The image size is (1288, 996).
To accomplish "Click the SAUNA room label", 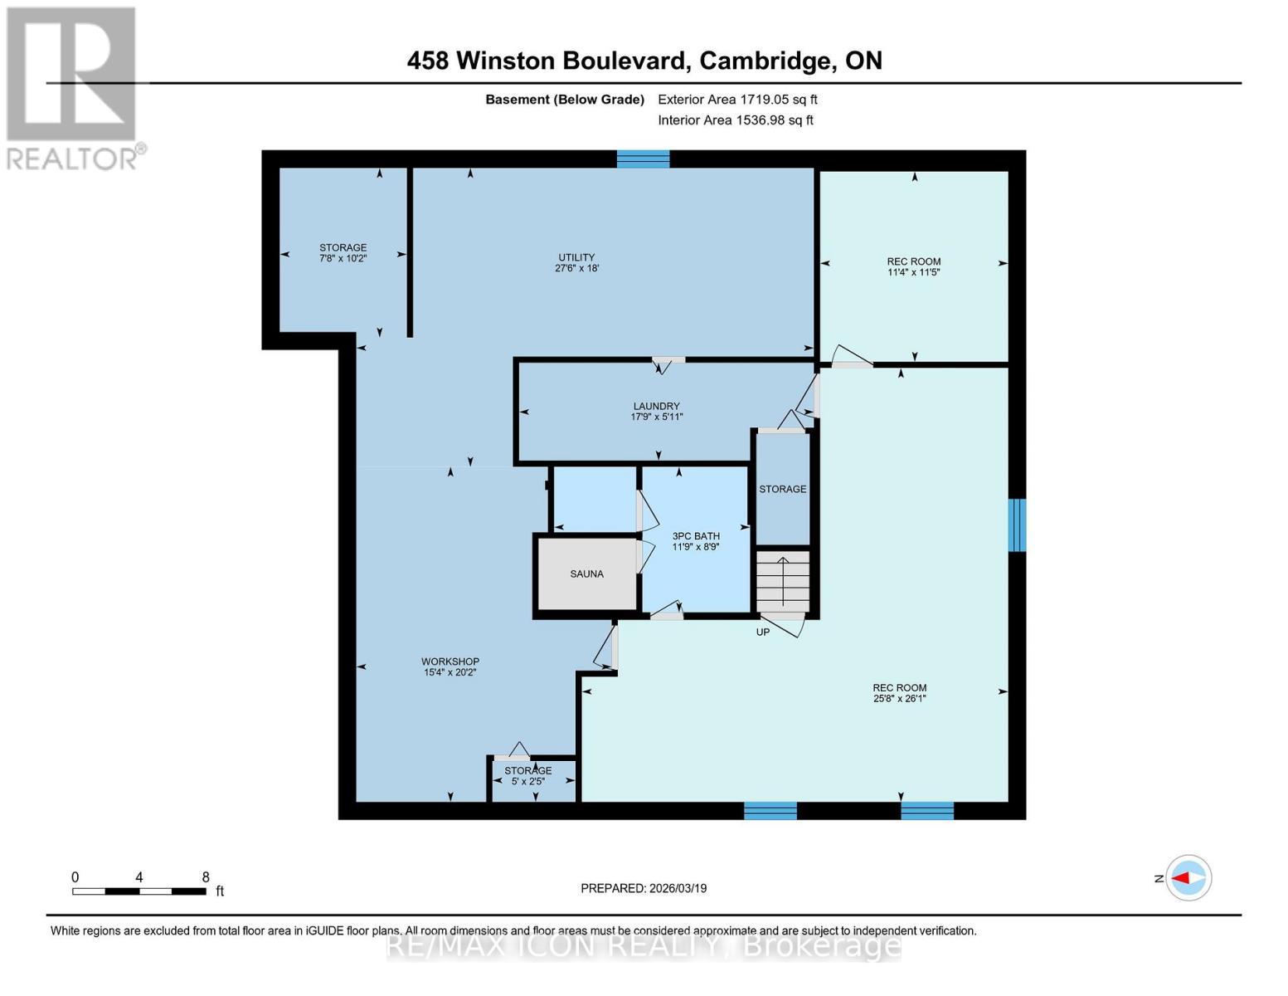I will (x=586, y=574).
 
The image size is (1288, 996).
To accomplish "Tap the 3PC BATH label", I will (x=696, y=536).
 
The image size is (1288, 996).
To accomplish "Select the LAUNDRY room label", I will (x=656, y=406).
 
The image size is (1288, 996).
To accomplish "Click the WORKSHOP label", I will (x=450, y=662).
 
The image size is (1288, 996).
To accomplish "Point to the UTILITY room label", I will (x=576, y=257).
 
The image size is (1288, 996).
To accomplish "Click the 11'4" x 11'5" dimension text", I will (x=913, y=272).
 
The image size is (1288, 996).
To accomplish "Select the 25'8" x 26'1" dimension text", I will (x=899, y=699).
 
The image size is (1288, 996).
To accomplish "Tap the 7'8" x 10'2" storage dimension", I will (x=343, y=259).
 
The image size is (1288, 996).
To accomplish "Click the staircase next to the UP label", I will (x=782, y=581).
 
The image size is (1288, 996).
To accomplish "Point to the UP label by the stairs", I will (x=763, y=632).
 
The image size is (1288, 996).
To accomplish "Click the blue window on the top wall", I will (x=643, y=159).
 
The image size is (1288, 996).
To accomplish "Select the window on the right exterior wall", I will (x=1017, y=525).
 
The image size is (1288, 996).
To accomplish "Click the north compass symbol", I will (x=1188, y=877).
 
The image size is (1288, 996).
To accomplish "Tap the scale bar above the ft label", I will (x=139, y=891).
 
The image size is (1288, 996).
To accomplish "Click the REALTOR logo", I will (x=73, y=87).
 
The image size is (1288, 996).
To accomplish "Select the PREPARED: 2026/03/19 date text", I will (x=644, y=888).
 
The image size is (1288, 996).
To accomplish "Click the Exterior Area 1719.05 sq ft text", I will (x=737, y=100).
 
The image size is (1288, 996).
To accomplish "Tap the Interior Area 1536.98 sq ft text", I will (x=736, y=120).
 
